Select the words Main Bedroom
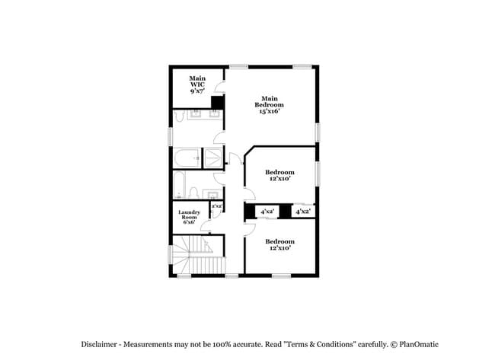click(x=270, y=101)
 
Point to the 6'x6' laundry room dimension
click(x=190, y=224)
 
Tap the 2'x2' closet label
click(x=216, y=205)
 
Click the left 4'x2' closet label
click(x=267, y=212)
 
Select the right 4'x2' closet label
click(x=302, y=212)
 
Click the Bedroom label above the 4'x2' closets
click(x=279, y=172)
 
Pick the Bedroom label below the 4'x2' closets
click(x=279, y=242)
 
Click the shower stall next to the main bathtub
click(x=212, y=158)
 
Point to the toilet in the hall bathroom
click(x=195, y=192)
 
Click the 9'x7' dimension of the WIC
click(x=197, y=91)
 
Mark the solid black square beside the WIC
click(x=217, y=103)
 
